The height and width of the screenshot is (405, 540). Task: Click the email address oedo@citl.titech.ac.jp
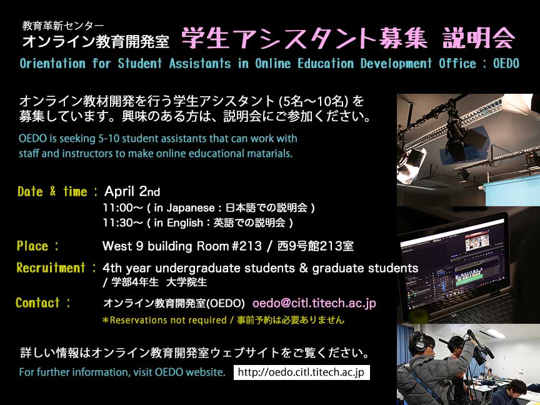(314, 303)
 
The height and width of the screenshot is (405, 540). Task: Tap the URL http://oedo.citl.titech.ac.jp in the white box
(301, 372)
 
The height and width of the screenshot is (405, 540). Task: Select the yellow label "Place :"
(37, 246)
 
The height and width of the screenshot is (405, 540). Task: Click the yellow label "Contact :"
(43, 302)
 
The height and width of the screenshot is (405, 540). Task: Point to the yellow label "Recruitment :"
(56, 268)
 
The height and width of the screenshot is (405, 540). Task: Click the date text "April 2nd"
(132, 191)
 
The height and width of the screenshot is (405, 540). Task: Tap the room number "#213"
(247, 246)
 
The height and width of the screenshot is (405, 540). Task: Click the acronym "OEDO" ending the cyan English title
(506, 63)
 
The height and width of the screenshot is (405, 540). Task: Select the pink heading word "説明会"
(479, 38)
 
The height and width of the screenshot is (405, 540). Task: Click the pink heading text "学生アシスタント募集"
(304, 38)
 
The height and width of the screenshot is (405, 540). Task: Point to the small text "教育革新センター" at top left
(62, 26)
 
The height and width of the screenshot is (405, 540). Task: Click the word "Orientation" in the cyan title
(52, 63)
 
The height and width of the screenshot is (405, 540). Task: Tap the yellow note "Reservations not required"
(167, 320)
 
